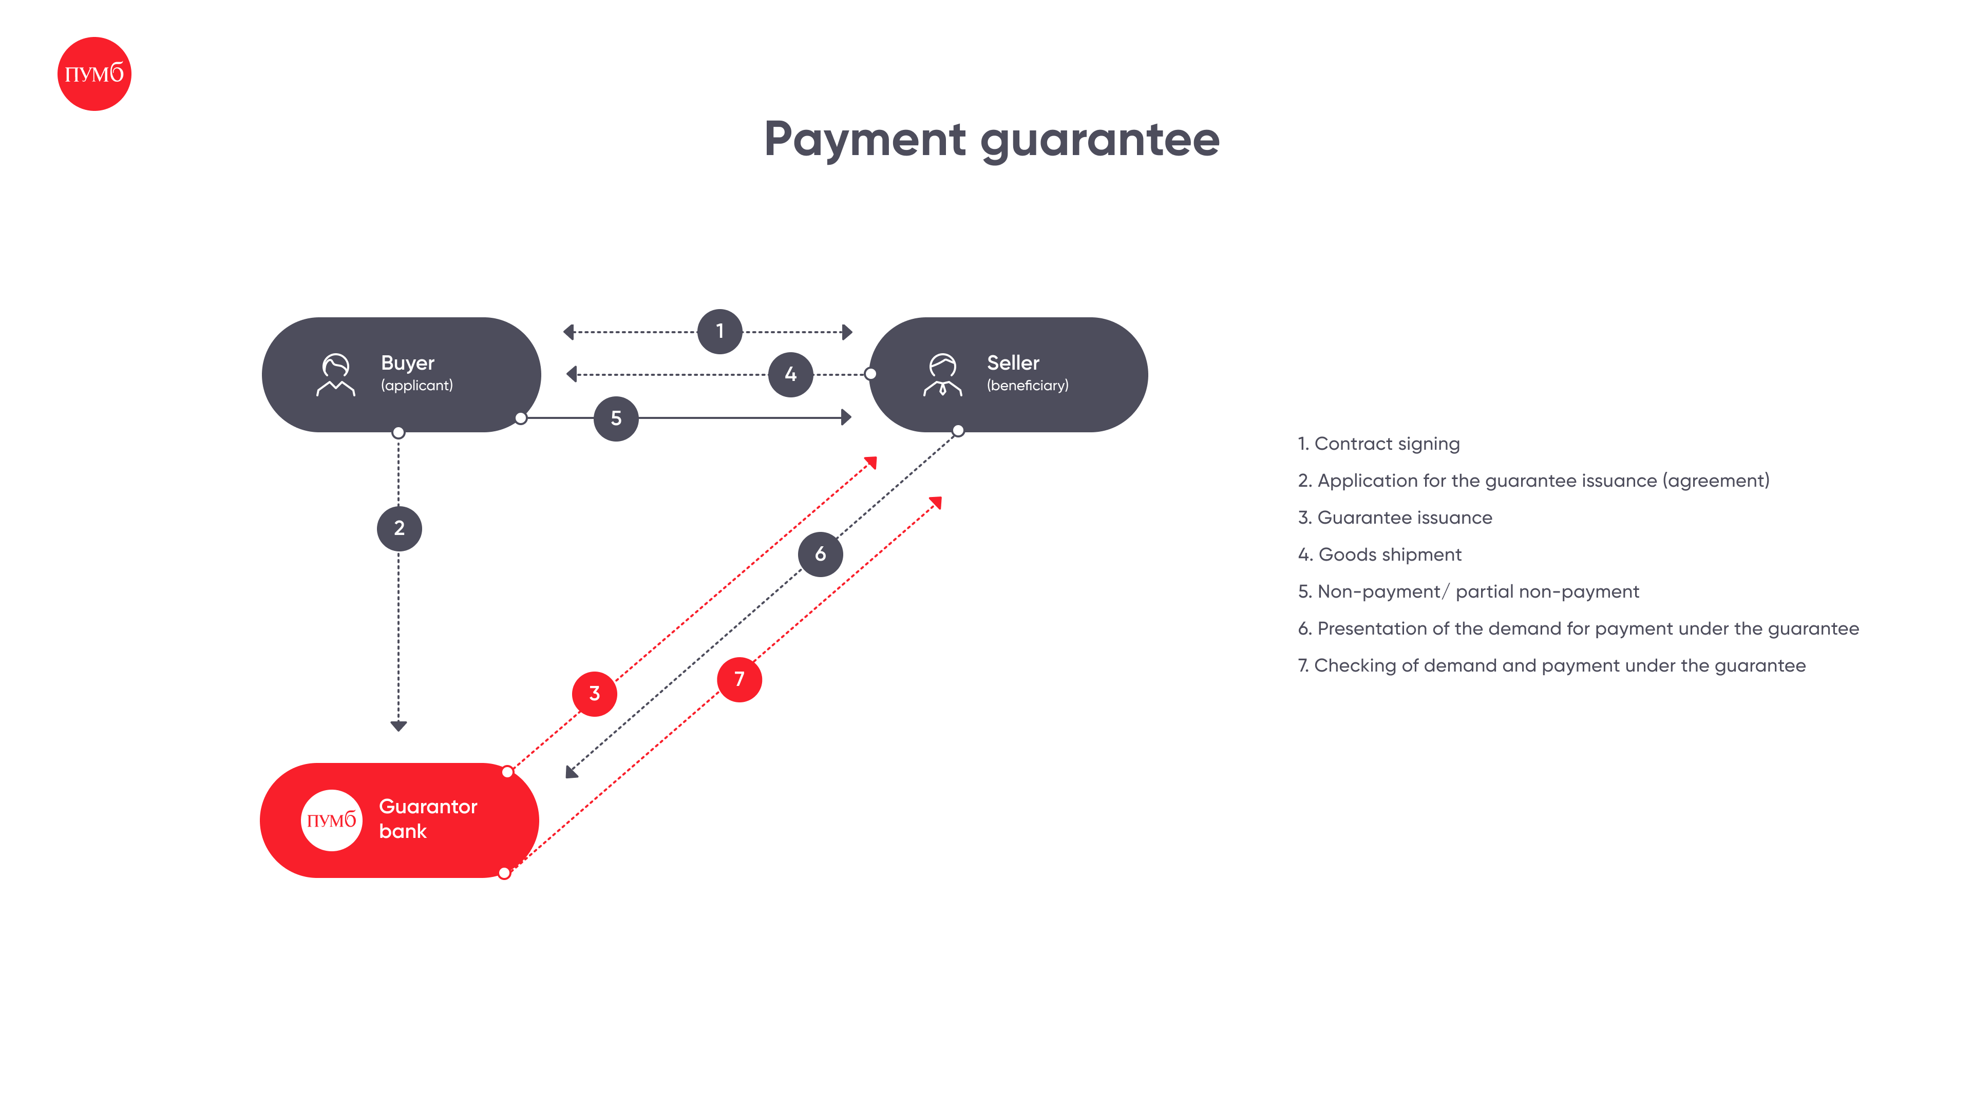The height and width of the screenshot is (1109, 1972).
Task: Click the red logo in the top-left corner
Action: pos(94,73)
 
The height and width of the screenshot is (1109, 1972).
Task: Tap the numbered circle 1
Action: pos(719,331)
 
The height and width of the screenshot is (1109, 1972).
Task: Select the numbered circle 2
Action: pos(399,528)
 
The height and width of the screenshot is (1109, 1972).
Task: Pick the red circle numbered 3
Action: pos(595,694)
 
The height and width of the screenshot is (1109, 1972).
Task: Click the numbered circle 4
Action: pos(791,374)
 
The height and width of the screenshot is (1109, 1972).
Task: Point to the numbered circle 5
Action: pos(616,418)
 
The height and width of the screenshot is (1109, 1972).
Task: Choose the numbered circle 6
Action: pos(821,554)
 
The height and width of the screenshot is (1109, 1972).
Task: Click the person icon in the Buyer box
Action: pos(335,374)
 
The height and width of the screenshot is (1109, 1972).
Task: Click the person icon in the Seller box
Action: pos(942,374)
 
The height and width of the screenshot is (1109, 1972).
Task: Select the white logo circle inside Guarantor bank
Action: pos(331,820)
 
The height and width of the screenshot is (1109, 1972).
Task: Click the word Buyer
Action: pos(407,363)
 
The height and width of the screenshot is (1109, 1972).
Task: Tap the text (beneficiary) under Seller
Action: pos(1027,386)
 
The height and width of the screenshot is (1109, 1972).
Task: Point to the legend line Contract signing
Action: pos(1379,444)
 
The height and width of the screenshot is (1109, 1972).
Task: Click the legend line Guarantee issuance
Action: pos(1395,518)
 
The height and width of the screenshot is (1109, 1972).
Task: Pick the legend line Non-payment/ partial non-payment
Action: pos(1468,591)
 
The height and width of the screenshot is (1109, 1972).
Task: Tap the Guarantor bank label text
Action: pos(428,819)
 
